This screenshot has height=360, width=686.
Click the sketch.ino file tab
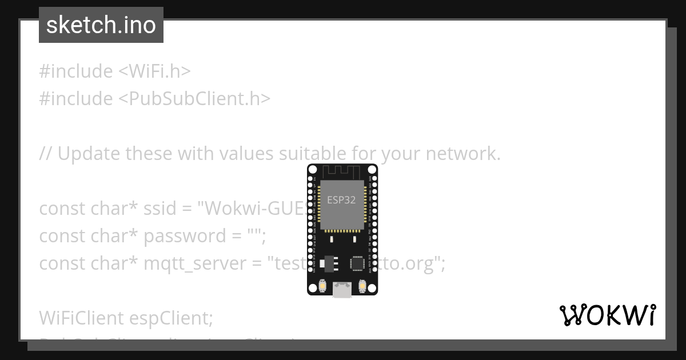[101, 25]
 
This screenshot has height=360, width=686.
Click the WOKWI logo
[608, 315]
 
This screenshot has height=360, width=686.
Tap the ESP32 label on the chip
[341, 200]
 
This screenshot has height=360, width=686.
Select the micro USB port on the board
[342, 290]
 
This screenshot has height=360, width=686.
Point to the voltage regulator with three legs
[328, 262]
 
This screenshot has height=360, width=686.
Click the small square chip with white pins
[357, 263]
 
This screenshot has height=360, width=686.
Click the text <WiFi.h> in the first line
[154, 71]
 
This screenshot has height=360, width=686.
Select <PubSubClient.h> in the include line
[194, 99]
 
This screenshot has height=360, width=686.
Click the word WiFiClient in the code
[81, 318]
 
